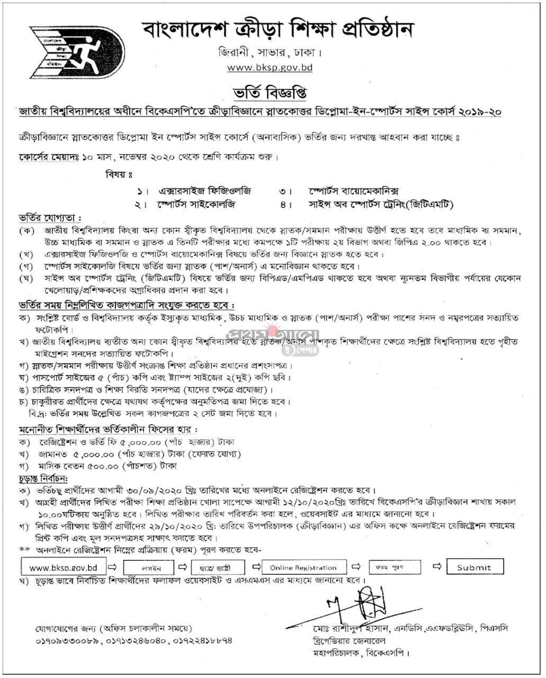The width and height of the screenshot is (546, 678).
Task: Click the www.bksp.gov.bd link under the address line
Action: (x=270, y=67)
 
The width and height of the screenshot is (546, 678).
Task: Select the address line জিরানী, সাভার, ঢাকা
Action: (x=270, y=53)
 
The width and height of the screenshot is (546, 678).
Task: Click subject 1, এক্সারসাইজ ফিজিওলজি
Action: (x=205, y=191)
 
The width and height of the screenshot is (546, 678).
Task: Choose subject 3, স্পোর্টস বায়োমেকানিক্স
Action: (x=353, y=191)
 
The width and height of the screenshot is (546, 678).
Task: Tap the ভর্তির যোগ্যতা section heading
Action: (x=50, y=218)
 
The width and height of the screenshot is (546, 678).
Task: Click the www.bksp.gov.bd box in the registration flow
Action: (x=63, y=567)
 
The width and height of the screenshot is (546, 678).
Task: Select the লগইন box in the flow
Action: (x=149, y=568)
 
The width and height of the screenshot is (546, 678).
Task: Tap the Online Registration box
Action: (x=303, y=567)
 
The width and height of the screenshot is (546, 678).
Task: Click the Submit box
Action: (x=475, y=567)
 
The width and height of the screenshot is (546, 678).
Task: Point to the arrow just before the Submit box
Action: (x=436, y=567)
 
